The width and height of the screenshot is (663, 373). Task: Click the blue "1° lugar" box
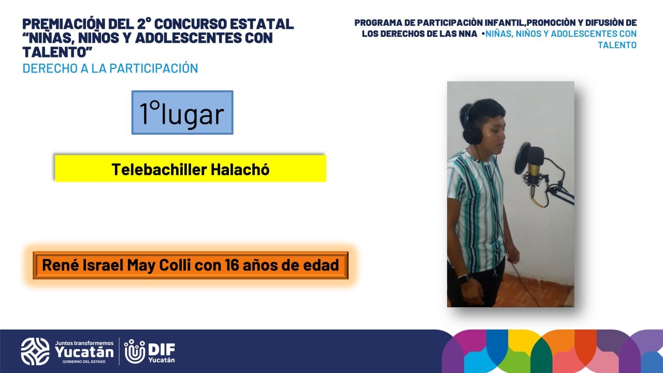point(182,112)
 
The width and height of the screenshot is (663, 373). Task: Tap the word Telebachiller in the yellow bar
point(159,169)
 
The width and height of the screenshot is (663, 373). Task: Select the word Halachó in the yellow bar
point(240,169)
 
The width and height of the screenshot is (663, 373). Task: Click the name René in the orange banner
point(60,265)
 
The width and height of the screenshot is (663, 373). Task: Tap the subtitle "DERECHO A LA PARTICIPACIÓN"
point(110,68)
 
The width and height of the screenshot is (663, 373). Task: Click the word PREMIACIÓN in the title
point(64,24)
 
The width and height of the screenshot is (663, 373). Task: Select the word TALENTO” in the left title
point(57,52)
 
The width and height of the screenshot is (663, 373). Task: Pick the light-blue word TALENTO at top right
point(617,45)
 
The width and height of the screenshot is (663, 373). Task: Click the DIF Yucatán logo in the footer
point(150,351)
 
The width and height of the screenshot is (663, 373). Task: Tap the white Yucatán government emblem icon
point(35,351)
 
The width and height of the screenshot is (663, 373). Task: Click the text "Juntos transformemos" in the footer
point(84,343)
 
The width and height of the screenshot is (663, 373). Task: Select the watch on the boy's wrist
point(464,279)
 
